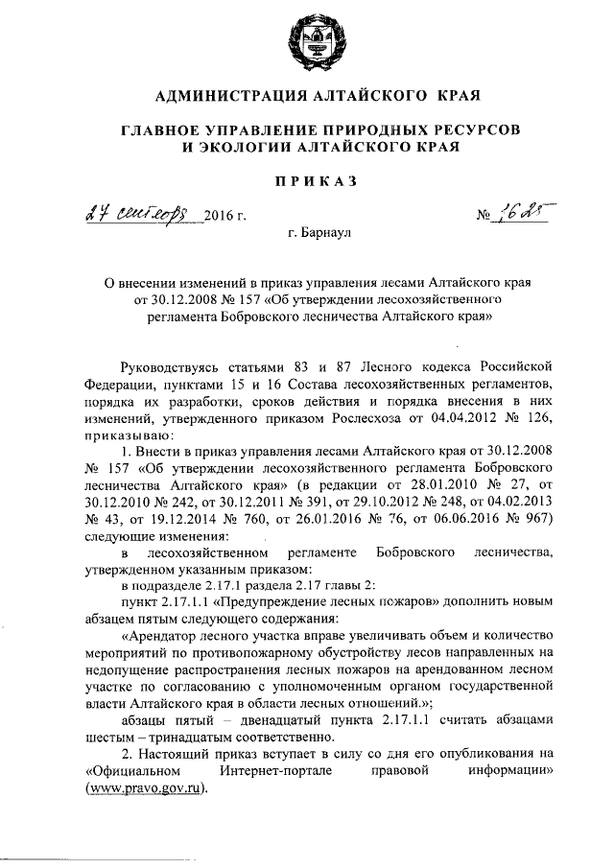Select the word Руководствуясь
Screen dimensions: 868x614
tap(171, 365)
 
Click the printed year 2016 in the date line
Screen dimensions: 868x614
tap(218, 216)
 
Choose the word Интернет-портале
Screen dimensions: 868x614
tap(266, 771)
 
